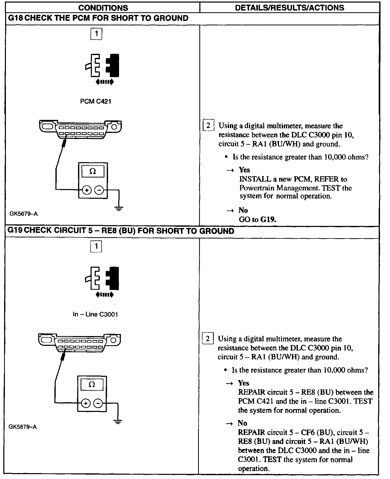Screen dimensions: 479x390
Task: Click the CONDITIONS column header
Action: click(103, 8)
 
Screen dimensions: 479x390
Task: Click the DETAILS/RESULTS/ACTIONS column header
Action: click(289, 8)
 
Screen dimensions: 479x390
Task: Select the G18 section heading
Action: click(98, 18)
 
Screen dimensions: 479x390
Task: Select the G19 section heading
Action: click(121, 231)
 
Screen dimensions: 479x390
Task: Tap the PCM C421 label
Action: click(96, 101)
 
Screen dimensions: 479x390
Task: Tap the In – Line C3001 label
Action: click(95, 314)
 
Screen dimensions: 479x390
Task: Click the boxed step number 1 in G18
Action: click(96, 34)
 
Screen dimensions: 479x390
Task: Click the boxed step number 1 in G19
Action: click(96, 246)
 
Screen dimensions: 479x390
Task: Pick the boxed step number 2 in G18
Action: click(208, 126)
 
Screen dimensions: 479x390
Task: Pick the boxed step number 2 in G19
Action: click(208, 339)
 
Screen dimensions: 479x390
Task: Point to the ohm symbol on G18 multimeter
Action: click(93, 171)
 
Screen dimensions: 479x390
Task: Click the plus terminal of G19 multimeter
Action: click(86, 403)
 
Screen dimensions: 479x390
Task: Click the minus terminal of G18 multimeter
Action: click(99, 190)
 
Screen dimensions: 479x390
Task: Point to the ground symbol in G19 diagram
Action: click(118, 421)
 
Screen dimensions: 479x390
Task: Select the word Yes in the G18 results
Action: click(244, 170)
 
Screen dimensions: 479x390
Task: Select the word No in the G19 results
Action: click(242, 423)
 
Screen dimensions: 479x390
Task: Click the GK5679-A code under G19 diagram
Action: click(23, 427)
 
